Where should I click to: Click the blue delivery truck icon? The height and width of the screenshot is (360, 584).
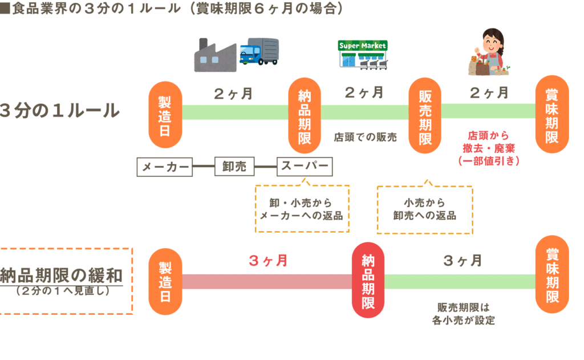[x=259, y=52]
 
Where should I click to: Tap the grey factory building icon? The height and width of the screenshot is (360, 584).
[x=216, y=55]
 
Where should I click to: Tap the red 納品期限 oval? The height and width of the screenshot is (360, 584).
[x=368, y=280]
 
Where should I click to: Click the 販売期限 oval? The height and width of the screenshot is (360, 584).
[x=425, y=117]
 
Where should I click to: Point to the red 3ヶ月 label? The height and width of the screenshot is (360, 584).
[x=268, y=261]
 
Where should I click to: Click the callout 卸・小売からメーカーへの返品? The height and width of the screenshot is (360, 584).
[x=302, y=209]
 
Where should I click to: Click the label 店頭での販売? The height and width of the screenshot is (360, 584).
[x=365, y=137]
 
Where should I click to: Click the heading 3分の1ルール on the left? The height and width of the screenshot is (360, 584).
[x=60, y=110]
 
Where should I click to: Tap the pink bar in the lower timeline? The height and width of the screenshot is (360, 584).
[x=267, y=281]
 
